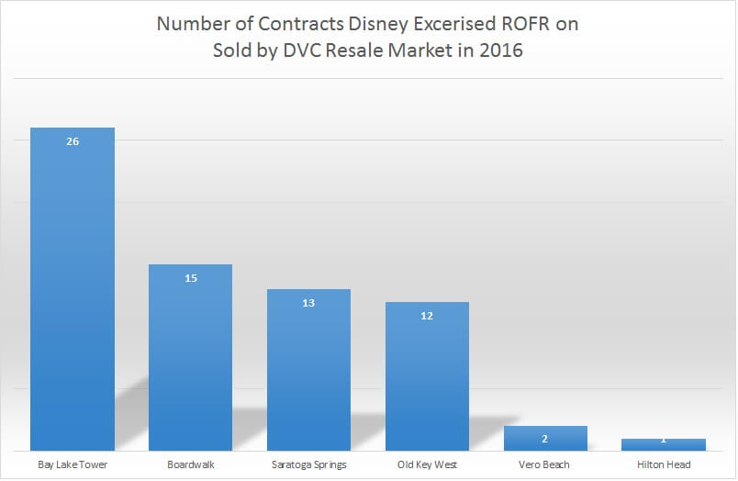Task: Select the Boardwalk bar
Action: tap(191, 358)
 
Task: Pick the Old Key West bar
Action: tap(427, 376)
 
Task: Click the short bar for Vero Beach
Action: tap(545, 438)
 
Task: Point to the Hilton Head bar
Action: tap(663, 445)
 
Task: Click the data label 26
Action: tap(73, 141)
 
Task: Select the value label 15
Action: tap(191, 277)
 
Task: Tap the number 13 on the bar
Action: tap(308, 302)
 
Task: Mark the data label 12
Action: tap(427, 315)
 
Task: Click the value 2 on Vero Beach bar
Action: tap(545, 439)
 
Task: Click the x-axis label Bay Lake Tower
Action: tap(73, 464)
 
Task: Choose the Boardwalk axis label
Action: tap(191, 464)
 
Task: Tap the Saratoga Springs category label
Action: tap(308, 464)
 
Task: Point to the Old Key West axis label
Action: tap(427, 464)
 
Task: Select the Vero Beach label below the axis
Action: tap(545, 464)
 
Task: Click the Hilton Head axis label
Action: tap(663, 464)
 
